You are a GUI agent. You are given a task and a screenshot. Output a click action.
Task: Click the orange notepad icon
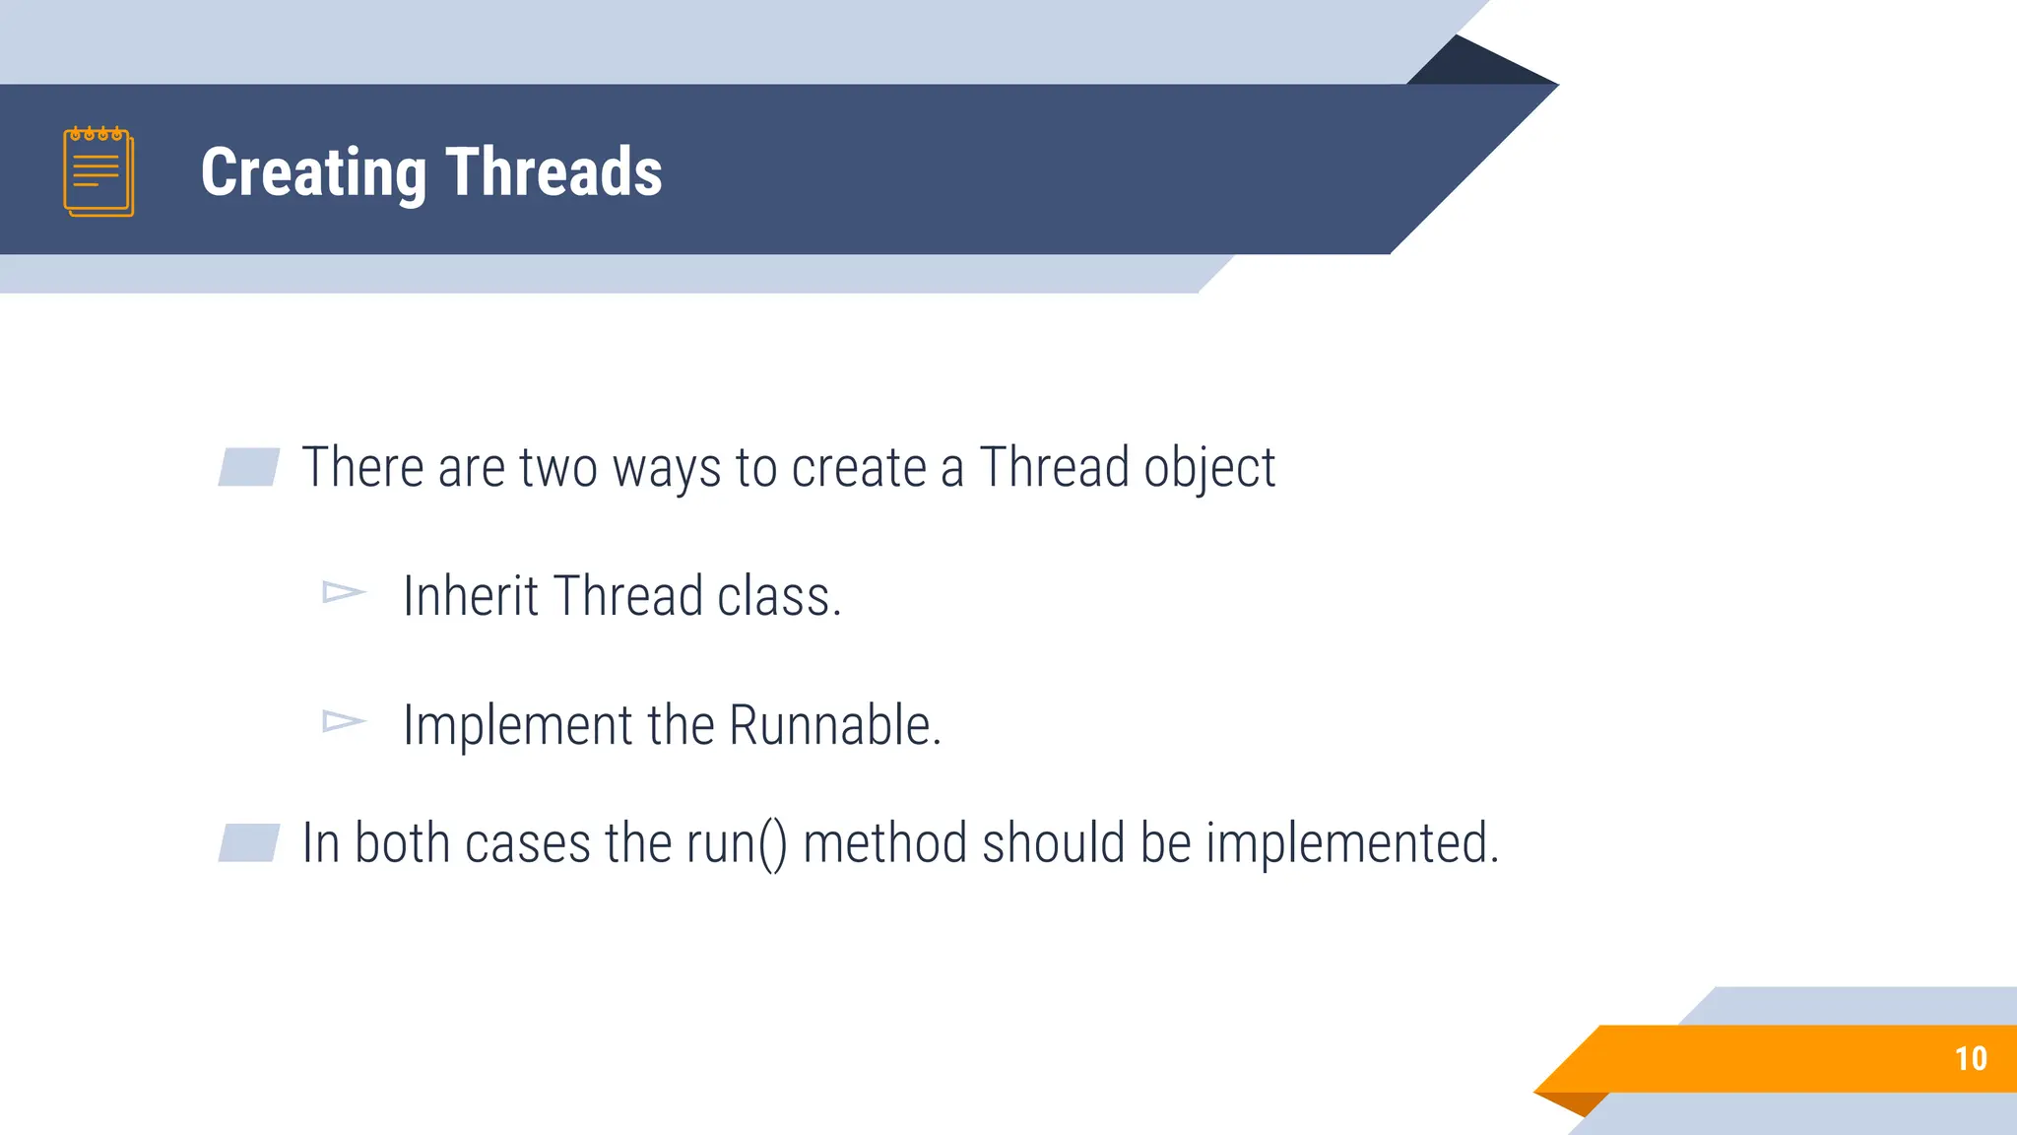point(98,171)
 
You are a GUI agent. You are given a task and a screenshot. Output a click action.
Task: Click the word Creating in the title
point(313,173)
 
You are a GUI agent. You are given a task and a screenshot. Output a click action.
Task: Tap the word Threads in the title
point(553,171)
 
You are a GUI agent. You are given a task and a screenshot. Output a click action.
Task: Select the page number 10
point(1971,1058)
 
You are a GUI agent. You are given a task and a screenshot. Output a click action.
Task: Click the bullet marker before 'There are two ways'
point(248,467)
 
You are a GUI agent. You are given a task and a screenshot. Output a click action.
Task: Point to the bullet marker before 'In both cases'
point(248,842)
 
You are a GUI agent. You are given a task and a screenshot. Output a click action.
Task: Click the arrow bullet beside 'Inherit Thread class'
point(344,592)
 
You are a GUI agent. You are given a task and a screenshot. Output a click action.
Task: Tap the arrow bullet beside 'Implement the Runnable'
point(344,722)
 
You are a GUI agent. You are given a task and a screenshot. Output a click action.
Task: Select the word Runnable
point(834,725)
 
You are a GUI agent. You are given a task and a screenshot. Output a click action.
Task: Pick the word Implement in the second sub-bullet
point(517,727)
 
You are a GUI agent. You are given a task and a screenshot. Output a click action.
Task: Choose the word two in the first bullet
point(558,468)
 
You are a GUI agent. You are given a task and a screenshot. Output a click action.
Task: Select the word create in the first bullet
point(859,468)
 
